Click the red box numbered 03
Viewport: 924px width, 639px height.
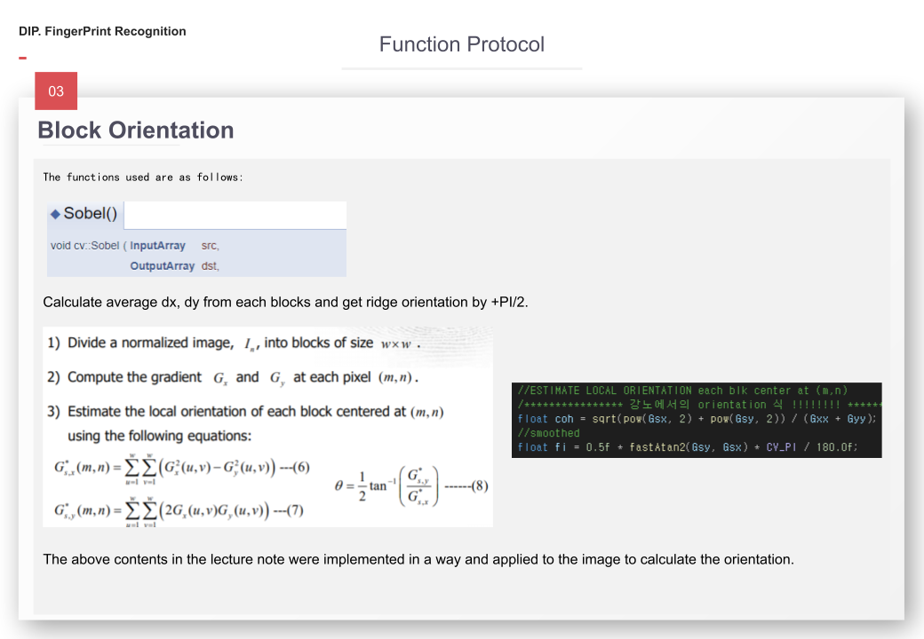coord(56,91)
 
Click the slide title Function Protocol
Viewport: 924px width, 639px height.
coord(461,44)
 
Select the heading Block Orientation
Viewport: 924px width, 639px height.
coord(136,130)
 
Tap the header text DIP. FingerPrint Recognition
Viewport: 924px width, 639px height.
coord(102,32)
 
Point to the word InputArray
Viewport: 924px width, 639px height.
coord(158,246)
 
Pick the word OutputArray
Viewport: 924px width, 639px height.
coord(162,265)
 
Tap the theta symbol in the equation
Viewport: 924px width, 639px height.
coord(339,486)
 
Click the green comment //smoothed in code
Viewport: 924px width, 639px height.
coord(548,433)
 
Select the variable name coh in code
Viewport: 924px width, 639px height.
coord(563,419)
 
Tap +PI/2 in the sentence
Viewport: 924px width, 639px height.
coord(509,302)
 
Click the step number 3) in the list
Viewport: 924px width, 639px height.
coord(53,412)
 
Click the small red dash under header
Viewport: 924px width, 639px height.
coord(22,59)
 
